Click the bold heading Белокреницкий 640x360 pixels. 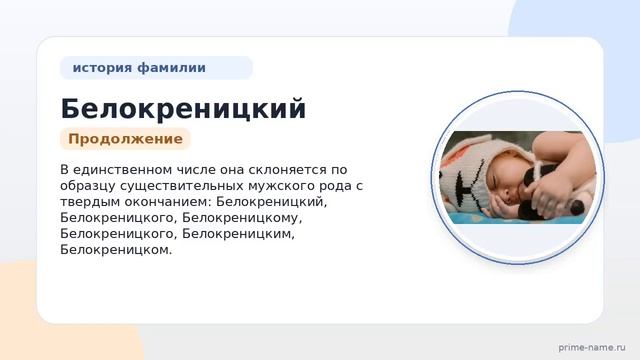(183, 109)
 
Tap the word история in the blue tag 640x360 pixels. (102, 67)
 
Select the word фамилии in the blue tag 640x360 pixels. (171, 67)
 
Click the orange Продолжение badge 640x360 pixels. (125, 139)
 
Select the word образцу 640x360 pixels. (88, 186)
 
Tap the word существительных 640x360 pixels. (182, 186)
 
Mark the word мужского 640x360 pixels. (281, 186)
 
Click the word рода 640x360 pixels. (336, 186)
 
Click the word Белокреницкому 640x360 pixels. (242, 218)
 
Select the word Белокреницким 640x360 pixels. (238, 234)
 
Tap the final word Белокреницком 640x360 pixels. (116, 250)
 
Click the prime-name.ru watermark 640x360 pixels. (592, 348)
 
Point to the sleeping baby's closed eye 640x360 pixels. (496, 181)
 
